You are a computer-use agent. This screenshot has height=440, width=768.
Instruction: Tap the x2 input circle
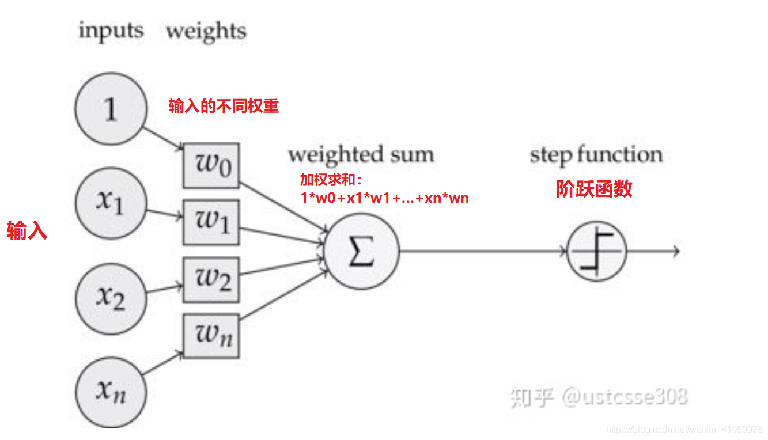110,297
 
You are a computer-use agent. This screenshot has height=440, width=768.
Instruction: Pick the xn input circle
110,391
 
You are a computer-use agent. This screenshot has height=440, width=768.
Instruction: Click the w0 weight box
211,165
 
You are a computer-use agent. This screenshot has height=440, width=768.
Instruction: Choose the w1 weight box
211,222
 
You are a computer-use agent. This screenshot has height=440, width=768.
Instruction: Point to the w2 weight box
211,279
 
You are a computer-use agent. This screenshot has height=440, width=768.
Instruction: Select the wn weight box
211,335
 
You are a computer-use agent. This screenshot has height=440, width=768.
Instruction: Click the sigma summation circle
361,252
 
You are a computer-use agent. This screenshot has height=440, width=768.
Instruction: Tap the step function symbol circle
596,252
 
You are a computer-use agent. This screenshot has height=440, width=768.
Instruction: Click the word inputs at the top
111,31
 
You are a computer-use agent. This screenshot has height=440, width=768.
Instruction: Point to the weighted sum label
361,155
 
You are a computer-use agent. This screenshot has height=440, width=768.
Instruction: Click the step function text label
596,155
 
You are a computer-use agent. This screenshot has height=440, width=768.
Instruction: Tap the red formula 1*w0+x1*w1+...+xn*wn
384,199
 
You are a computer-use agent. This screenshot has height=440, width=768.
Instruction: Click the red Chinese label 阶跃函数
594,189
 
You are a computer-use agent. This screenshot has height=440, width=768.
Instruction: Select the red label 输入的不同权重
224,107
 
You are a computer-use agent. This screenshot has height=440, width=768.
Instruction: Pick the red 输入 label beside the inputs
27,232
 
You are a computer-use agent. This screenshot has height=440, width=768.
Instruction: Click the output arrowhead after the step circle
676,252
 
